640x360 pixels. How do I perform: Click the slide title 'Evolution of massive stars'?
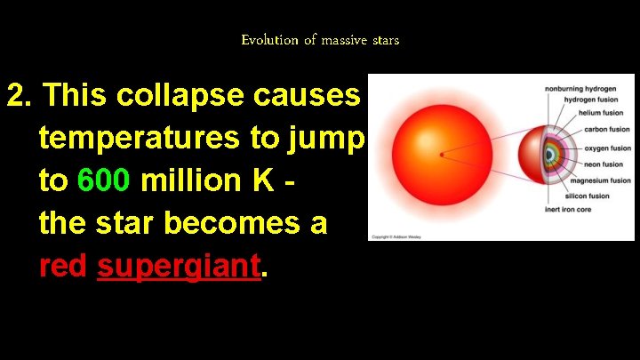pos(320,40)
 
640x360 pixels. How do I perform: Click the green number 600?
pos(105,181)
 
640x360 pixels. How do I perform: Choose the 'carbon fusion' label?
pos(607,130)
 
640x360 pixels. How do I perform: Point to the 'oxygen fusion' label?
pos(606,148)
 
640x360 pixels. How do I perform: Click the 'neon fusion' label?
pos(604,164)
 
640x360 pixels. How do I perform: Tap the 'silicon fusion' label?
pos(588,196)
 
